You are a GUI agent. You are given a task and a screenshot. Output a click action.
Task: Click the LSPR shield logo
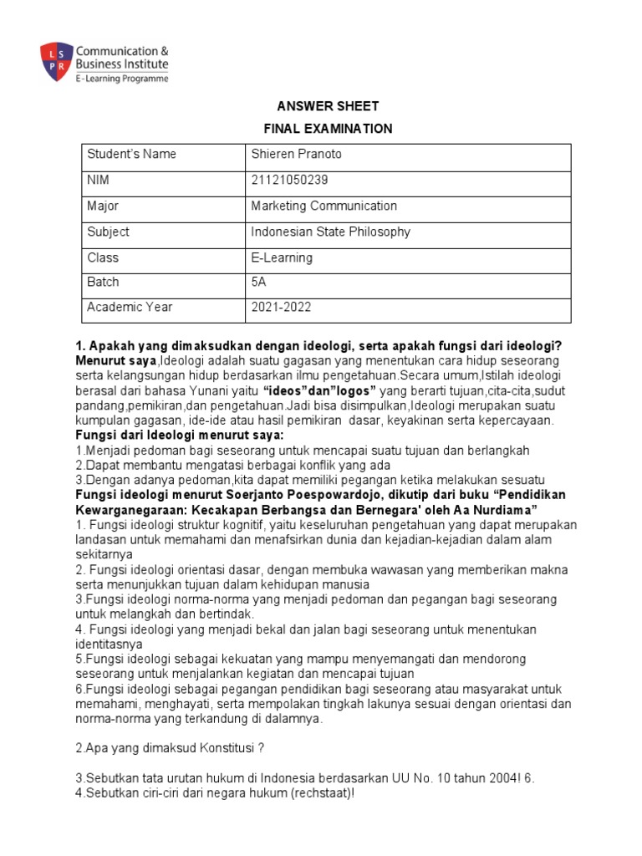click(x=55, y=61)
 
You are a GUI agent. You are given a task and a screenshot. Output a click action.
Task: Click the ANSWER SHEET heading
click(x=318, y=106)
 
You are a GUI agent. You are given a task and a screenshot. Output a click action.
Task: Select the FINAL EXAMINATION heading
click(x=318, y=129)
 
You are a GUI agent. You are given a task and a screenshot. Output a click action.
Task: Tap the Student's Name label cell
click(x=132, y=155)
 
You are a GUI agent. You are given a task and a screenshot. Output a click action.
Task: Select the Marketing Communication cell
click(x=324, y=206)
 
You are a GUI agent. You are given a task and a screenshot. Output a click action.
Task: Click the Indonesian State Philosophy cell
click(x=330, y=232)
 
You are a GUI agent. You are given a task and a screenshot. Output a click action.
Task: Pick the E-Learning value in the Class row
click(x=282, y=257)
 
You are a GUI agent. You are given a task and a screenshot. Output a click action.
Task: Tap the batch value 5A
click(x=258, y=282)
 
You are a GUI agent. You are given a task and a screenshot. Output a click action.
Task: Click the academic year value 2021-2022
click(x=281, y=307)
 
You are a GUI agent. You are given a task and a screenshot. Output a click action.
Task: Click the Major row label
click(x=103, y=206)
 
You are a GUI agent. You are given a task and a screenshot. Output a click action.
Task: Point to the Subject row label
click(x=108, y=232)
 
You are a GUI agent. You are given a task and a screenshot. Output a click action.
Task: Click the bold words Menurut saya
click(x=115, y=359)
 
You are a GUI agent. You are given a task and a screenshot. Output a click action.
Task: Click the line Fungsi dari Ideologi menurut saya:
click(x=180, y=436)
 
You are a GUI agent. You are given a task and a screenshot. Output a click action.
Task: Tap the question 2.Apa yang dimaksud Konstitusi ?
click(x=171, y=746)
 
